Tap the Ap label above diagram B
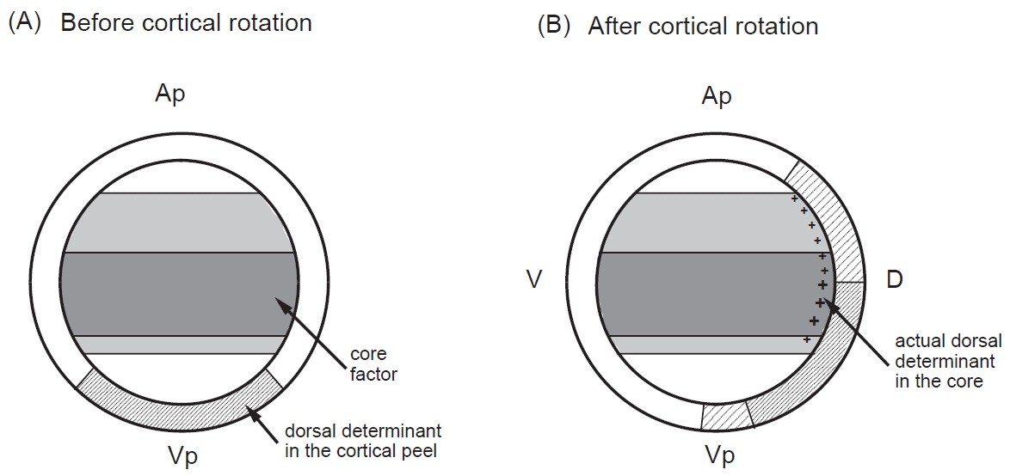click(716, 95)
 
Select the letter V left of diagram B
click(534, 280)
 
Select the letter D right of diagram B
click(894, 280)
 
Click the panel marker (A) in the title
click(27, 22)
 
